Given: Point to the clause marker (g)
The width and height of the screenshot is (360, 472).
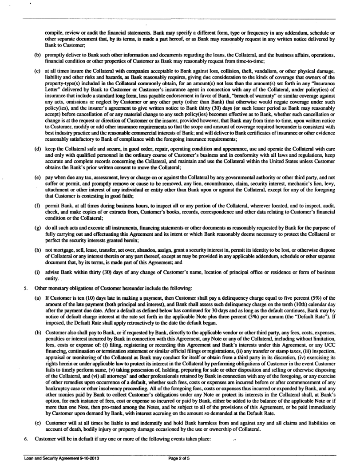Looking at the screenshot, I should [39, 215].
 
